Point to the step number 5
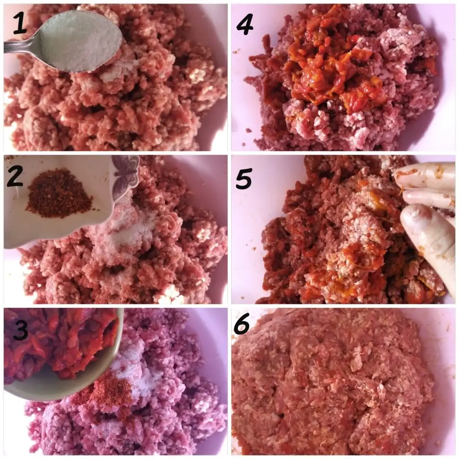coord(243,178)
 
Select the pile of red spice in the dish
coord(59,194)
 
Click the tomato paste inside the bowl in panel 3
coord(59,342)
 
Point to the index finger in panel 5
coord(424,176)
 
